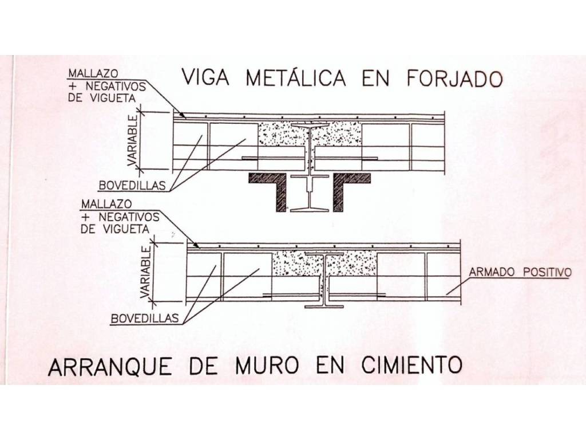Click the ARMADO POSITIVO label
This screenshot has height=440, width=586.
click(x=519, y=272)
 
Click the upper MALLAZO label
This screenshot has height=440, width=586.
click(x=93, y=74)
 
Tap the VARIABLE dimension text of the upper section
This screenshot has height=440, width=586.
click(x=133, y=141)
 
